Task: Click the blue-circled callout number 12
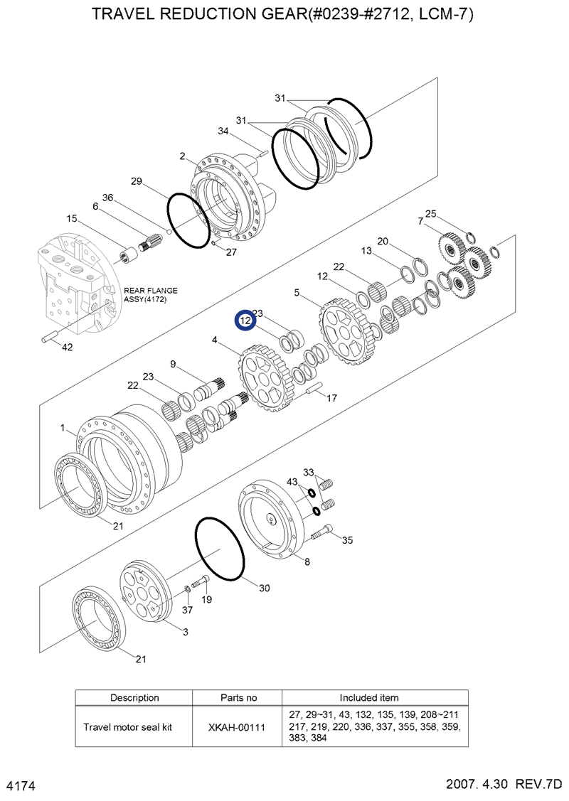pos(245,321)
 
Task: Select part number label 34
pos(223,131)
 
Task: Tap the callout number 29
pos(137,181)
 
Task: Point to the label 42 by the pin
pos(67,348)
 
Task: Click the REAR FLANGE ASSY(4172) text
pos(151,295)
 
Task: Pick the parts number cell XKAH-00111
pos(238,728)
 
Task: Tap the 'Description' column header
pos(134,698)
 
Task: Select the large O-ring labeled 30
pos(220,551)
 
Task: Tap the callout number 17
pos(331,399)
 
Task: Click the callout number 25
pos(430,213)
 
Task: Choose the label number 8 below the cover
pos(307,562)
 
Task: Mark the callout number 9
pos(172,365)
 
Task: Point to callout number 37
pos(187,610)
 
